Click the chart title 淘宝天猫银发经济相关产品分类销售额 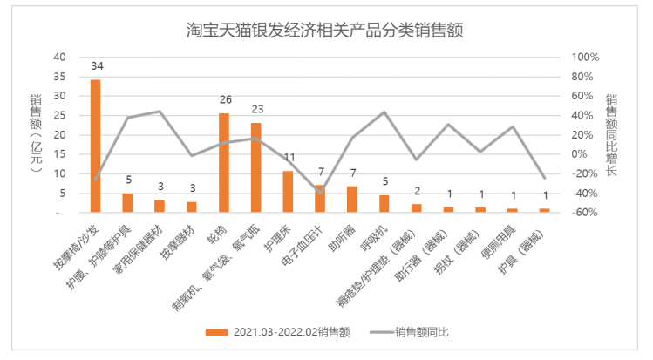pyautogui.click(x=323, y=30)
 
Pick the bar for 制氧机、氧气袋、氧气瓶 pyautogui.click(x=255, y=167)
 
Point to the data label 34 pyautogui.click(x=96, y=67)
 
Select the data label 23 pyautogui.click(x=255, y=110)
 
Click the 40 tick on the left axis pyautogui.click(x=60, y=57)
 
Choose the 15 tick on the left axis pyautogui.click(x=60, y=154)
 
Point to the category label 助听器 pyautogui.click(x=339, y=238)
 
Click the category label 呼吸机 pyautogui.click(x=371, y=238)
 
